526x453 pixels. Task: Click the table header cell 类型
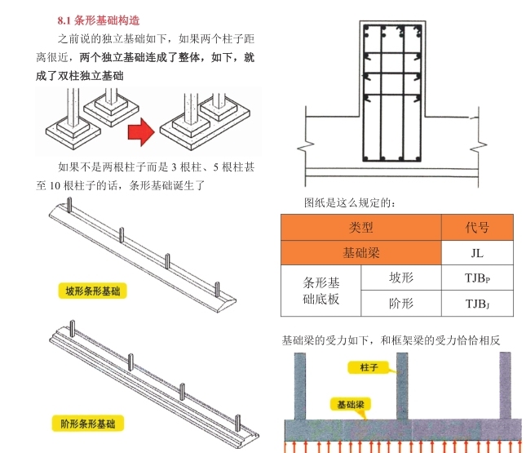tap(360, 228)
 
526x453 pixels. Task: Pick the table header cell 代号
tap(477, 228)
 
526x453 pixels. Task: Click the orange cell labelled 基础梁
tap(360, 253)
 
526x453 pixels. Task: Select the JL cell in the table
tap(477, 253)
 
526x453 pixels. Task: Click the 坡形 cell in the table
tap(400, 278)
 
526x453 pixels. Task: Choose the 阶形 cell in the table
tap(400, 304)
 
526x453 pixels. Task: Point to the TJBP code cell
tap(477, 278)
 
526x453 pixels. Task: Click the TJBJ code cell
tap(477, 304)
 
